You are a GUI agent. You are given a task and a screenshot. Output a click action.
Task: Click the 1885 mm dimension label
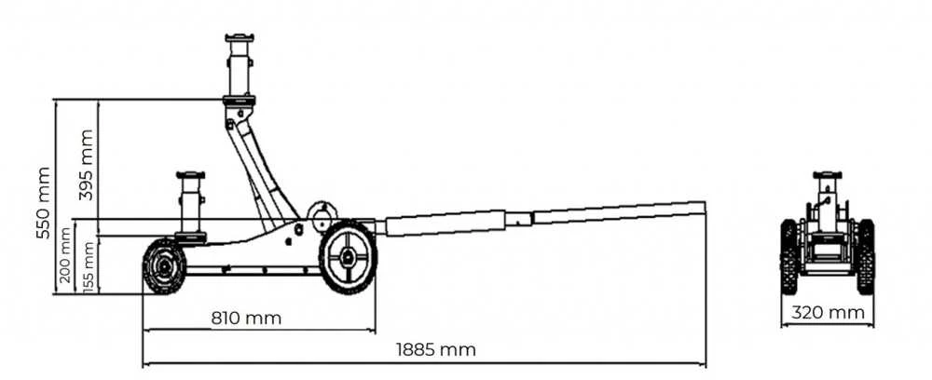pyautogui.click(x=435, y=349)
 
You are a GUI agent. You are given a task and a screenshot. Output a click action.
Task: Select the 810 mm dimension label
pyautogui.click(x=246, y=319)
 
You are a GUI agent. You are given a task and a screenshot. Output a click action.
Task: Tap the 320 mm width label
pyautogui.click(x=828, y=312)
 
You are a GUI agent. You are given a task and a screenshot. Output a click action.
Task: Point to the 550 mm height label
pyautogui.click(x=43, y=203)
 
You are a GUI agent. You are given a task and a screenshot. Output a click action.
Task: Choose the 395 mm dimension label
pyautogui.click(x=86, y=165)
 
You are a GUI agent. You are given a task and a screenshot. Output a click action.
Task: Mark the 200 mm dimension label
pyautogui.click(x=65, y=254)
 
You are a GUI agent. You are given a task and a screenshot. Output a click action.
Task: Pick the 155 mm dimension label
pyautogui.click(x=89, y=266)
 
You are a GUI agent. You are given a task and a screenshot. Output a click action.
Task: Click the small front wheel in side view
pyautogui.click(x=164, y=266)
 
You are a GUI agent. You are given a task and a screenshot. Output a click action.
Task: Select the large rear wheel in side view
pyautogui.click(x=348, y=257)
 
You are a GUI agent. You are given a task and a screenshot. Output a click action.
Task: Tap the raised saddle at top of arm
pyautogui.click(x=240, y=38)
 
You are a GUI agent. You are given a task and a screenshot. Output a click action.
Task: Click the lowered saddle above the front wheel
pyautogui.click(x=191, y=175)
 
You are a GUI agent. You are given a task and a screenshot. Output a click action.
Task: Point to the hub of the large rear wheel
pyautogui.click(x=348, y=257)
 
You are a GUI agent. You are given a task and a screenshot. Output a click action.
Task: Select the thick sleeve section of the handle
pyautogui.click(x=445, y=224)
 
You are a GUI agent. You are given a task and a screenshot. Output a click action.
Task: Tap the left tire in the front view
pyautogui.click(x=788, y=256)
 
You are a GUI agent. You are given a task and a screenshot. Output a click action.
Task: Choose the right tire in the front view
pyautogui.click(x=866, y=256)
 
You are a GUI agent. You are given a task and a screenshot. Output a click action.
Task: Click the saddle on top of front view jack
pyautogui.click(x=828, y=175)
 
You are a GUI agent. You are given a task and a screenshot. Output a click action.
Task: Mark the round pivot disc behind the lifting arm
pyautogui.click(x=322, y=214)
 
